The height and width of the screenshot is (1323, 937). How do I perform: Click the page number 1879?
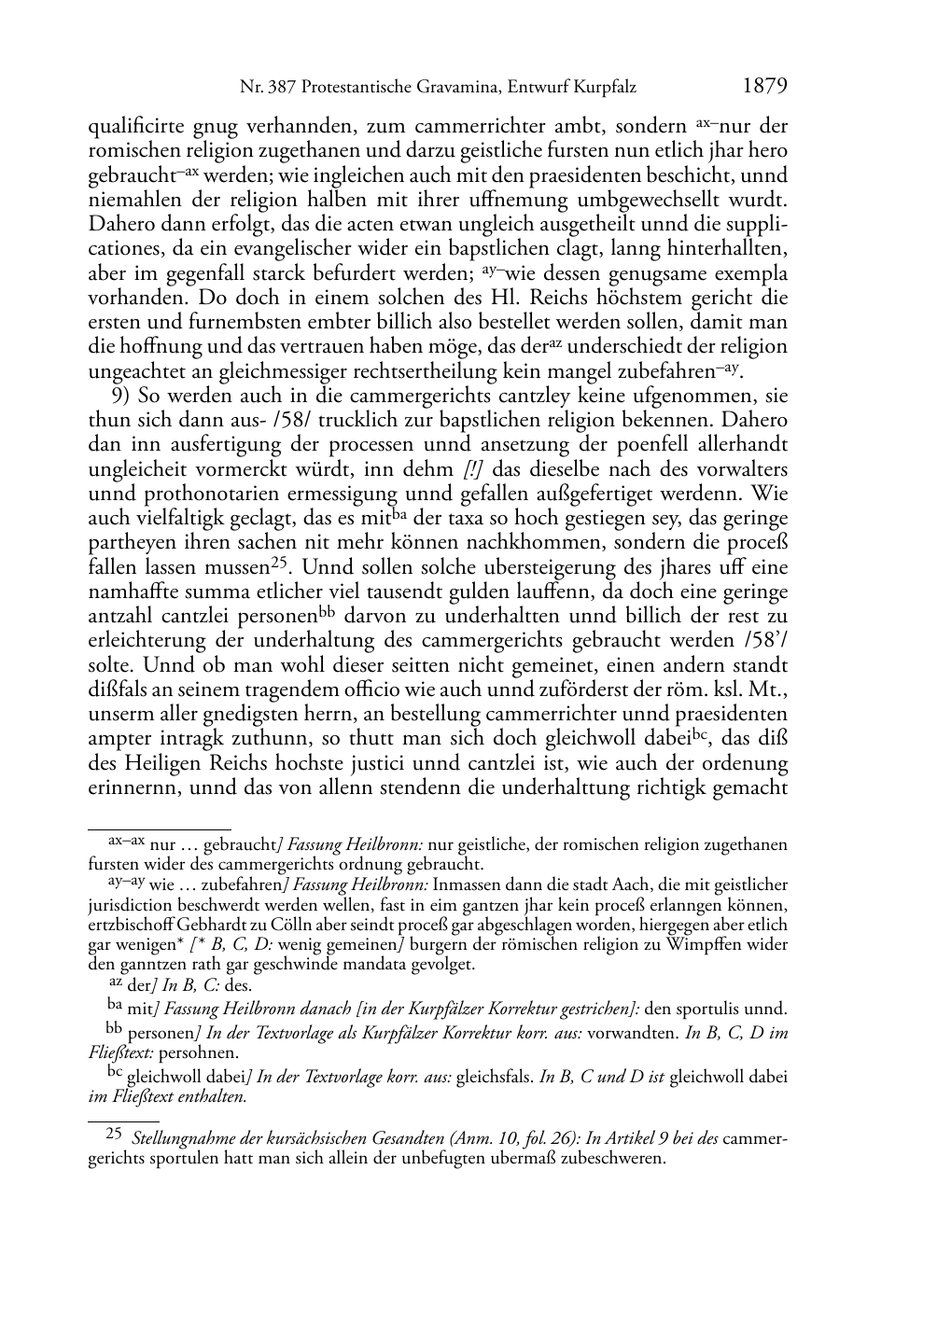(x=765, y=87)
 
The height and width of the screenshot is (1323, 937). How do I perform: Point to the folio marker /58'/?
(x=763, y=641)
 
